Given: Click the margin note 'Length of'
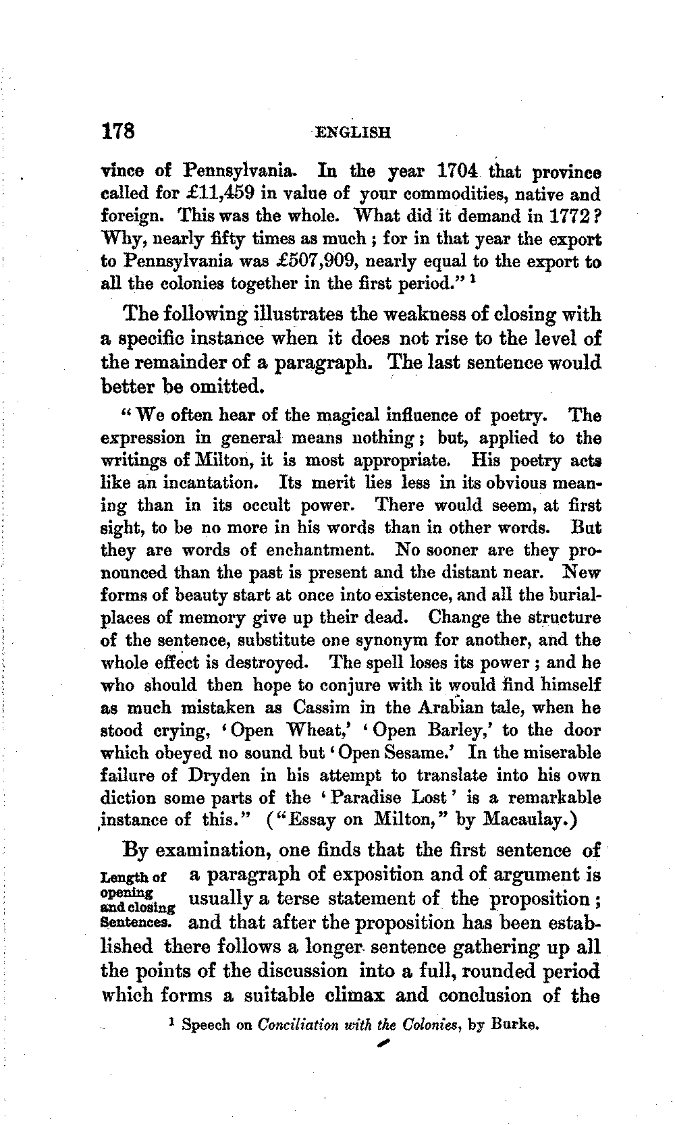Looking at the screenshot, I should point(132,877).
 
